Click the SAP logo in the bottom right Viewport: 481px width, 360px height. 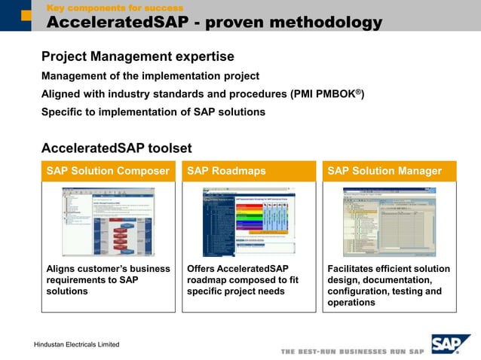click(x=450, y=343)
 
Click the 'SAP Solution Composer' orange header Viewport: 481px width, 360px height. click(x=108, y=171)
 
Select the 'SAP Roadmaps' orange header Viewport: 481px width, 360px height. click(x=249, y=171)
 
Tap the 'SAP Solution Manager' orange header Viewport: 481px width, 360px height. click(x=389, y=171)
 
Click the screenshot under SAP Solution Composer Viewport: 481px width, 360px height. click(x=108, y=221)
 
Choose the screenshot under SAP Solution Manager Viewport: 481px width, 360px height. click(x=389, y=221)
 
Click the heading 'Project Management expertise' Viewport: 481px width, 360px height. click(x=137, y=56)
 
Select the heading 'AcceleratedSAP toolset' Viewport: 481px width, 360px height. click(x=116, y=148)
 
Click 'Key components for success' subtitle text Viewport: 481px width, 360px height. click(x=115, y=8)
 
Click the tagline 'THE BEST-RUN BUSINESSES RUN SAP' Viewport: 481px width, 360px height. click(x=352, y=352)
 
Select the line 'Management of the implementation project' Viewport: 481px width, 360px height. click(x=150, y=76)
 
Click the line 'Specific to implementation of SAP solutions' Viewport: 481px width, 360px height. click(x=153, y=112)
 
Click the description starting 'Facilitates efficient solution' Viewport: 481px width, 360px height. click(x=388, y=285)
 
